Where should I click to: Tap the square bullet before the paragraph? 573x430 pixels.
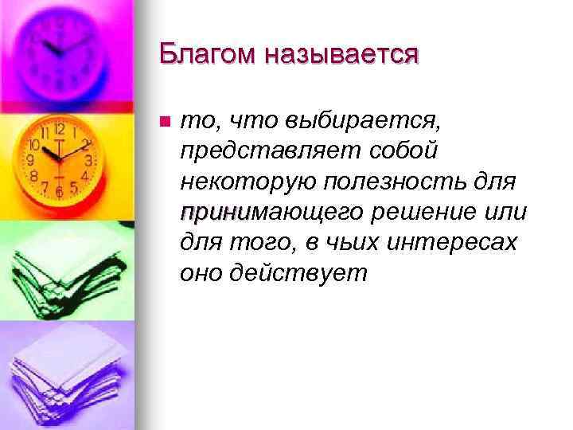pos(165,122)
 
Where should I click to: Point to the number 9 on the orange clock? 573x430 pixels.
pos(29,160)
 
